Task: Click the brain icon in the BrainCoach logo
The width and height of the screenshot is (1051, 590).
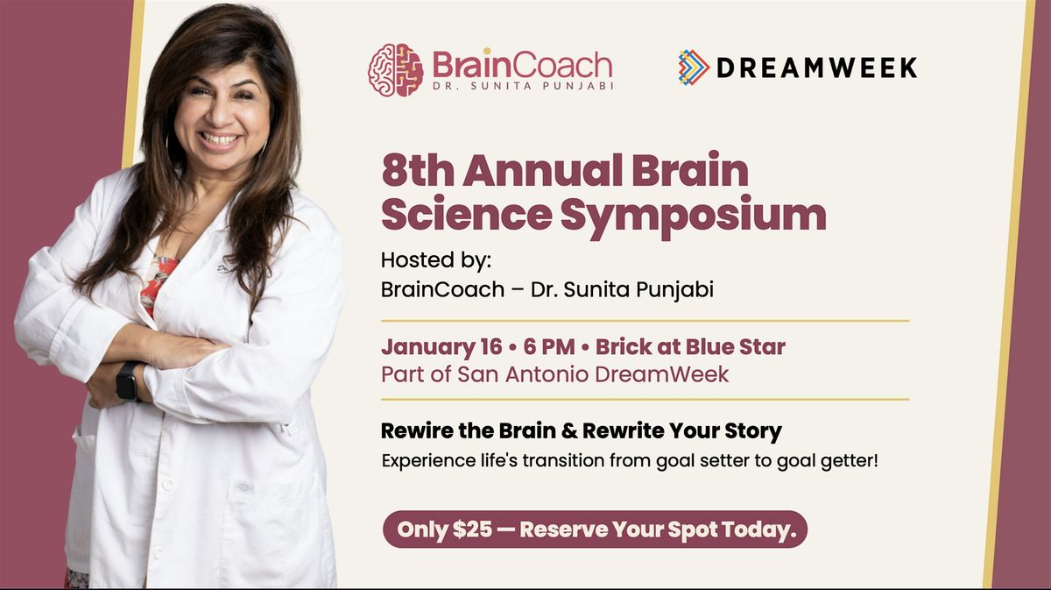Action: pos(396,69)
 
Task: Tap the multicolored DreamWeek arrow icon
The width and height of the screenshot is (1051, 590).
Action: pos(693,68)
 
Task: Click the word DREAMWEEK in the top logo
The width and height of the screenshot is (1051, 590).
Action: pos(816,68)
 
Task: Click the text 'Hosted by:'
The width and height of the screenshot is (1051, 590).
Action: pos(426,260)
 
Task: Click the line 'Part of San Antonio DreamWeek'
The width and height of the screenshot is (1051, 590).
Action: pos(555,374)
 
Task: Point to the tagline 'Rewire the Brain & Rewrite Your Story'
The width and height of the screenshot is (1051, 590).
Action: pos(582,431)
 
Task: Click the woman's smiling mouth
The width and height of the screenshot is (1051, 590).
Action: pos(221,139)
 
